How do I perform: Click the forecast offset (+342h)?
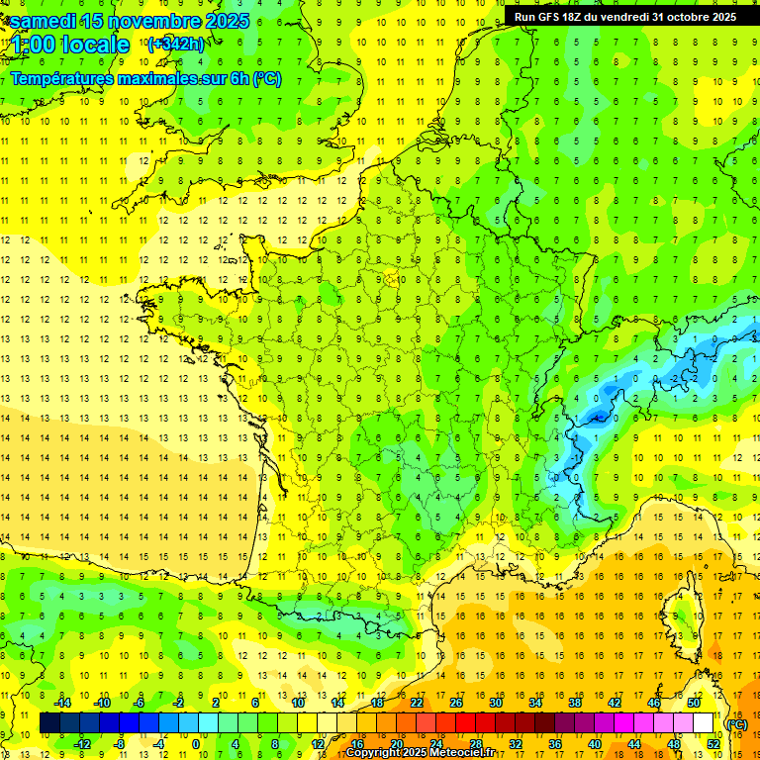(x=175, y=44)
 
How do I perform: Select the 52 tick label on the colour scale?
(x=713, y=744)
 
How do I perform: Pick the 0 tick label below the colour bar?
(x=196, y=744)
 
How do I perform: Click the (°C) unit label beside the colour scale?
(x=736, y=724)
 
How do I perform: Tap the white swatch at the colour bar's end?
(x=704, y=723)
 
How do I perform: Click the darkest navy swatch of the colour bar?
(x=49, y=723)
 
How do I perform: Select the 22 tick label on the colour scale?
(x=417, y=703)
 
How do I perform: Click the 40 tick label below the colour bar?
(x=595, y=744)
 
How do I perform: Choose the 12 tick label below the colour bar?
(x=317, y=744)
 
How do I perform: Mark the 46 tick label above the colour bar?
(x=654, y=703)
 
